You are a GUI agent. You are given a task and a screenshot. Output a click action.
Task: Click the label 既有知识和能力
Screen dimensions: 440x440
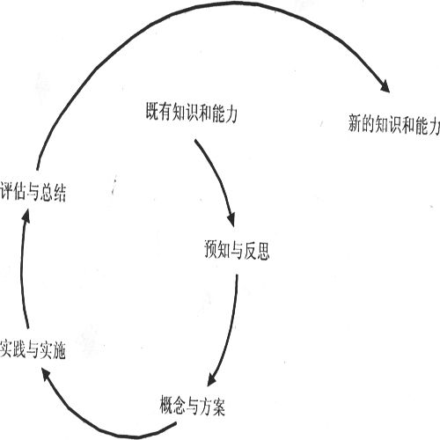(x=192, y=112)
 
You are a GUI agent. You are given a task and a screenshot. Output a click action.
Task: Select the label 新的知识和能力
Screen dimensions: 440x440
(x=394, y=124)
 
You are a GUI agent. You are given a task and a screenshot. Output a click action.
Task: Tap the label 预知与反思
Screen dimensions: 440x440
(x=237, y=250)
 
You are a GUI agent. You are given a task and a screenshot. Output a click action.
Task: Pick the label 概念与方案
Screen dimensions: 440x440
(x=193, y=406)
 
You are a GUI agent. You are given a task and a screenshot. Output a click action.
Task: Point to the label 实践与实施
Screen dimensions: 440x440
(x=33, y=349)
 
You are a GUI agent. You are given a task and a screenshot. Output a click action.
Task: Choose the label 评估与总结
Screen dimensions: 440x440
(x=33, y=192)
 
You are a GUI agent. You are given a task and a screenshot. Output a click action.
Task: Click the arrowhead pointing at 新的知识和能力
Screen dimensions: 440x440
(x=385, y=85)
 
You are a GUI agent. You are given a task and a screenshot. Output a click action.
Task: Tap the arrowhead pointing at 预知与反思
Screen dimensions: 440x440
(x=231, y=219)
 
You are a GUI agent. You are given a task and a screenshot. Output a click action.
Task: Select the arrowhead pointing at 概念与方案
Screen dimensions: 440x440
(x=212, y=380)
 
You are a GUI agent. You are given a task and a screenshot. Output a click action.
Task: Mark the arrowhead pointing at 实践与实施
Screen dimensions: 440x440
(x=46, y=374)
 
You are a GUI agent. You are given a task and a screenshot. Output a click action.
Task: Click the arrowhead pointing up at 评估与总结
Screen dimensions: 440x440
(x=26, y=216)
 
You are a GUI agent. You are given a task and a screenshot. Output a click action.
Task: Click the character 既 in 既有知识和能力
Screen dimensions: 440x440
(x=152, y=112)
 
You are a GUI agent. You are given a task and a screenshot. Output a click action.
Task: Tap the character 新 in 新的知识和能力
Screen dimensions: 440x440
(x=355, y=123)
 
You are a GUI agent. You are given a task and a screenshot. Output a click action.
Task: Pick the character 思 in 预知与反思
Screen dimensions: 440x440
(x=263, y=251)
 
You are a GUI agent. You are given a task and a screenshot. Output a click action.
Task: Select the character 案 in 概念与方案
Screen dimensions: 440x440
(x=219, y=406)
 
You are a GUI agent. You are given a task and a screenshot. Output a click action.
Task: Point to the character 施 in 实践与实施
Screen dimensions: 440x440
(x=59, y=349)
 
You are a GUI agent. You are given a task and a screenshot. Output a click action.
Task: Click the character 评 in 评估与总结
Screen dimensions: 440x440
(x=6, y=192)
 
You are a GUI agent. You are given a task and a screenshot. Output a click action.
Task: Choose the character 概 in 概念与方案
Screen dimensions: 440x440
(x=166, y=406)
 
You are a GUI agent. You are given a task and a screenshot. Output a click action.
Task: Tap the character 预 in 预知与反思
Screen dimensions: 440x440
(x=211, y=250)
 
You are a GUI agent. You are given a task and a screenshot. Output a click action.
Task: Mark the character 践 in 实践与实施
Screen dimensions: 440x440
(x=19, y=349)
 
